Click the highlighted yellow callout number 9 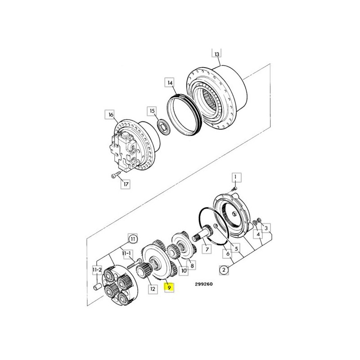pyautogui.click(x=169, y=287)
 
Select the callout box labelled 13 pyautogui.click(x=216, y=54)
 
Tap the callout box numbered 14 pyautogui.click(x=170, y=82)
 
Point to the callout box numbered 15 pyautogui.click(x=152, y=111)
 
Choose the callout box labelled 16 pyautogui.click(x=111, y=114)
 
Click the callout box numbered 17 pyautogui.click(x=126, y=184)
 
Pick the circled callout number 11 pyautogui.click(x=132, y=239)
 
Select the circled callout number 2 pyautogui.click(x=224, y=270)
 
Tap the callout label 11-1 pyautogui.click(x=126, y=253)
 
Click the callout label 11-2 pyautogui.click(x=97, y=270)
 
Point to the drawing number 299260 pyautogui.click(x=204, y=284)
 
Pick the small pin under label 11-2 pyautogui.click(x=97, y=287)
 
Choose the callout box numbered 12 pyautogui.click(x=153, y=288)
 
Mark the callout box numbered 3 pyautogui.click(x=266, y=228)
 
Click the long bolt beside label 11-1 pyautogui.click(x=134, y=264)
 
